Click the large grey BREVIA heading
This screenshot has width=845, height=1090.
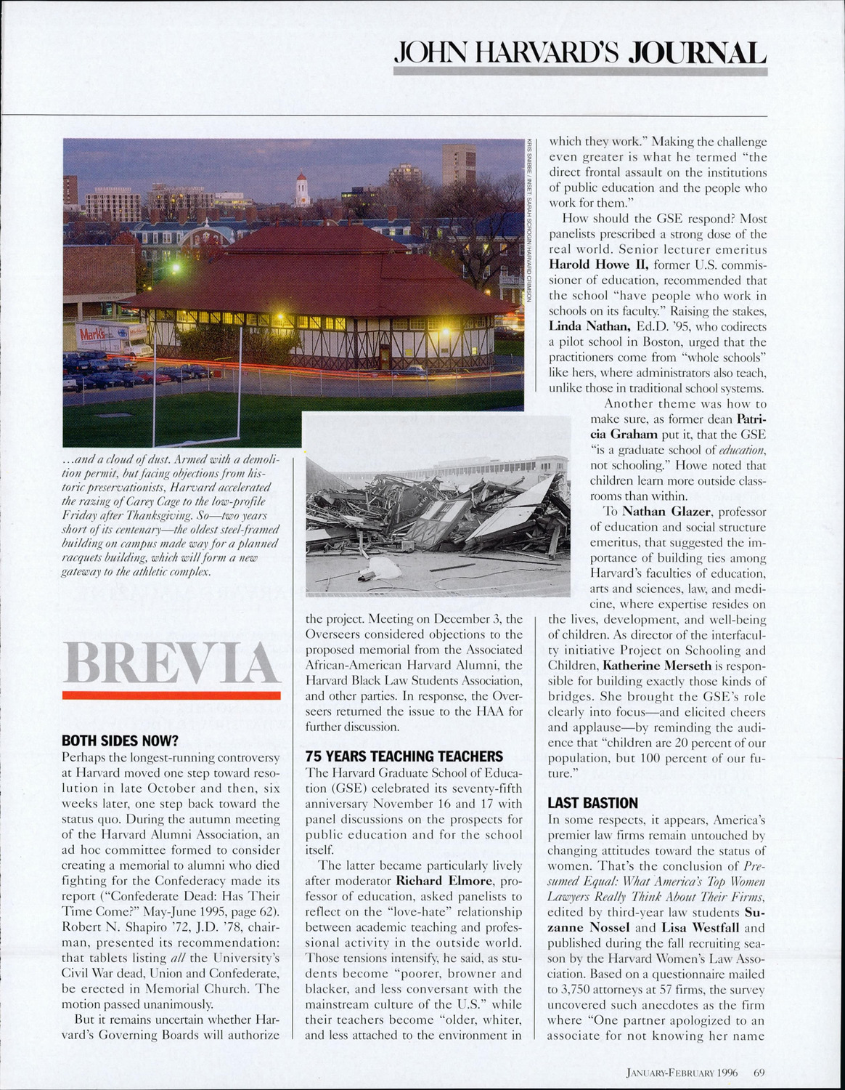[171, 661]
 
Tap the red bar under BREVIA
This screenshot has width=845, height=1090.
[171, 695]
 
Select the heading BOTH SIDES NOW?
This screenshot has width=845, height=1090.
[120, 742]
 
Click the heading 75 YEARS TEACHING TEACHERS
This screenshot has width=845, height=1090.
[404, 756]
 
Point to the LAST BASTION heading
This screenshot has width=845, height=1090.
[592, 803]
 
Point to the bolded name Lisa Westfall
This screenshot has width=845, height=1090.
[701, 928]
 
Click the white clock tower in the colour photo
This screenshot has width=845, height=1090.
[302, 190]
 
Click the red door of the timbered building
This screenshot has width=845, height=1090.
[384, 356]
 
